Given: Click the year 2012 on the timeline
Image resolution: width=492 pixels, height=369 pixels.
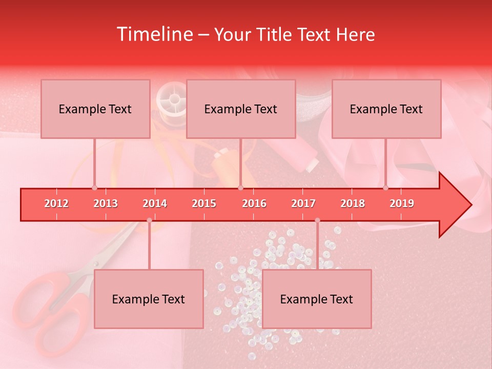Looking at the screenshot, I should click(56, 203).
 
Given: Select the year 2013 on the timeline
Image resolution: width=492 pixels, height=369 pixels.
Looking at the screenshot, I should click(106, 203).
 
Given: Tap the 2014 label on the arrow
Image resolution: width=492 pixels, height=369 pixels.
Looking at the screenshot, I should click(155, 203).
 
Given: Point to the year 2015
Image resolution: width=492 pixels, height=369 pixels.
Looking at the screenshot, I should click(204, 203).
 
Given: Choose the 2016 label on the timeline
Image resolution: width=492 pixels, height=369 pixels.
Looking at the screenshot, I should click(254, 203).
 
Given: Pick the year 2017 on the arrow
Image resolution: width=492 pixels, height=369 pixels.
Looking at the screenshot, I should click(303, 203).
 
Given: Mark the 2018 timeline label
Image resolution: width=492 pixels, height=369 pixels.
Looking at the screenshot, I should click(353, 203).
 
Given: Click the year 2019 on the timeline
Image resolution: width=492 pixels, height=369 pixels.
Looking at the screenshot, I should click(402, 203).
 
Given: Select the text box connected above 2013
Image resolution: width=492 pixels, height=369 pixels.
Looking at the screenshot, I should click(95, 109).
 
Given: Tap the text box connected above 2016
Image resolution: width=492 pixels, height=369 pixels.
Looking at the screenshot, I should click(241, 109).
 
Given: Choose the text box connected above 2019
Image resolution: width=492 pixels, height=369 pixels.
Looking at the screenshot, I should click(386, 109).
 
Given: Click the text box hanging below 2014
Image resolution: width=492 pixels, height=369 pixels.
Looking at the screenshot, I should click(149, 299).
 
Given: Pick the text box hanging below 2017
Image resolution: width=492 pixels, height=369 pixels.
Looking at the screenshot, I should click(317, 299).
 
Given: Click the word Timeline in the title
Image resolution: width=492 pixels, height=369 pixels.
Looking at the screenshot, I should click(154, 34).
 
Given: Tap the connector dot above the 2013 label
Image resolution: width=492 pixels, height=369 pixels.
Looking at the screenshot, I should click(94, 188).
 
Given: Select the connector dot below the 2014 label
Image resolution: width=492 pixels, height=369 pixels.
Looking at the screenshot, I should click(149, 220).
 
